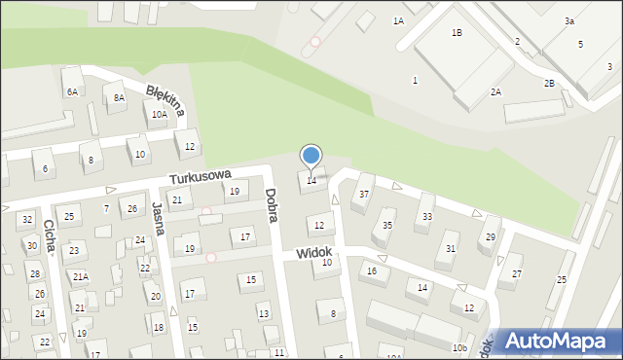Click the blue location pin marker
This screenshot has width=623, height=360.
click(x=311, y=156)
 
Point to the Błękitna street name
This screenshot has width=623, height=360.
click(x=165, y=98)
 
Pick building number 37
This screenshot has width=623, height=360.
click(x=364, y=194)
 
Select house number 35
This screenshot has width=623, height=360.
click(x=387, y=225)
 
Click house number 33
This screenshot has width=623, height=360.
click(x=427, y=216)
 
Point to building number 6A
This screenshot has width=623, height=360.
click(x=72, y=91)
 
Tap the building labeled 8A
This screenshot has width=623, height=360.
click(x=119, y=97)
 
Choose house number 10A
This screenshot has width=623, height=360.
click(x=159, y=114)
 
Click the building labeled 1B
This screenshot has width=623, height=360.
click(x=457, y=33)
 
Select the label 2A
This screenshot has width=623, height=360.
click(x=495, y=91)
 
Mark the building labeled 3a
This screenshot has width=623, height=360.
click(x=568, y=20)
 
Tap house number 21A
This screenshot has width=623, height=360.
click(x=80, y=276)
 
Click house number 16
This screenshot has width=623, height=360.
click(x=372, y=270)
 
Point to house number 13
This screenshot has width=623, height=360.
click(x=264, y=313)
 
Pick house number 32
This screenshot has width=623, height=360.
click(x=27, y=220)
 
